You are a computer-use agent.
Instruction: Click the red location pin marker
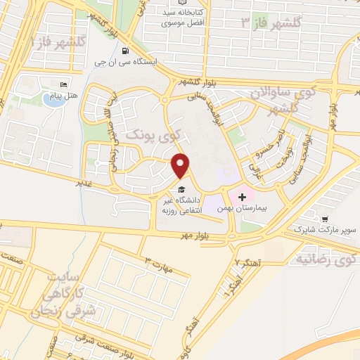[x=181, y=166]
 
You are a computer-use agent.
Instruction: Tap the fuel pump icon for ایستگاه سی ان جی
[x=126, y=50]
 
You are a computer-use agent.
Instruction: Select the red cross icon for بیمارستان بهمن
[x=243, y=196]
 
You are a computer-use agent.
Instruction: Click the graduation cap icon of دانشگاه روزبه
[x=181, y=189]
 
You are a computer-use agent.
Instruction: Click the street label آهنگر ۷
[x=247, y=262]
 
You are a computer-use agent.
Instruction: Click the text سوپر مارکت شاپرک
[x=324, y=229]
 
